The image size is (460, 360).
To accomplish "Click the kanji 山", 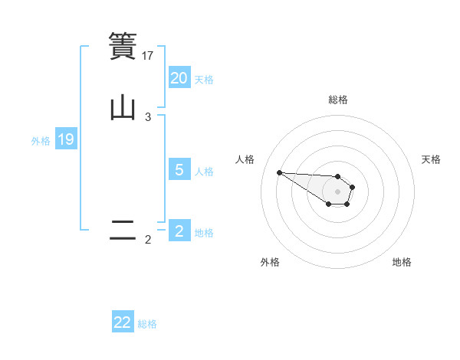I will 123,107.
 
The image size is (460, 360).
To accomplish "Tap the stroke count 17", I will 148,55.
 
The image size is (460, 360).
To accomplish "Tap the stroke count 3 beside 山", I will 148,117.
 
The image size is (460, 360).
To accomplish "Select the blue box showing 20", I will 179,78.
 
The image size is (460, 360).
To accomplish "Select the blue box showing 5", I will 179,169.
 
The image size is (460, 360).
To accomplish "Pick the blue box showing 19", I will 66,139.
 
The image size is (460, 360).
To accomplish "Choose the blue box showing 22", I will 123,322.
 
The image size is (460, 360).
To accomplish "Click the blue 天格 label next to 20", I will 204,79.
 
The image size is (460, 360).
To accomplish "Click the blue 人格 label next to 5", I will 204,171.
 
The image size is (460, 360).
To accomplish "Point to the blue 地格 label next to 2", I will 204,233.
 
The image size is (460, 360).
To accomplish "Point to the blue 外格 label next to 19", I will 41,140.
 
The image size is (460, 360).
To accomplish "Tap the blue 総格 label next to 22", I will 147,324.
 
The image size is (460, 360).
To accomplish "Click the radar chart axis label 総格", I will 338,100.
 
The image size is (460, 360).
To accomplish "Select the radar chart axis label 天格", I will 431,159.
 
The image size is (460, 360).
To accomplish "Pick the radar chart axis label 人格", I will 245,159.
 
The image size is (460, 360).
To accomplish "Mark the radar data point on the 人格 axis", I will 279,172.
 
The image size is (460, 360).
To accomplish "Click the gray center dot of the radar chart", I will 338,191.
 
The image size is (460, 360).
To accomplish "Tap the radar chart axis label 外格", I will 270,262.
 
